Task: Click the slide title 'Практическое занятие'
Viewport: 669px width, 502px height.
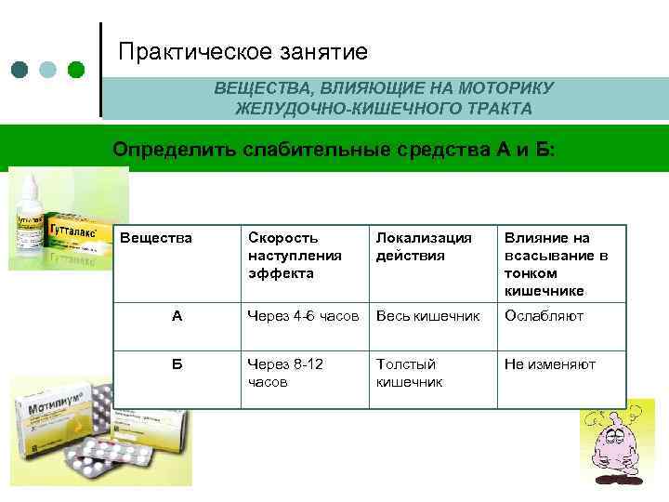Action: (x=243, y=52)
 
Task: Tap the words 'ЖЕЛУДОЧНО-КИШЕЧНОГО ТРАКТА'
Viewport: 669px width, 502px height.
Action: (x=384, y=109)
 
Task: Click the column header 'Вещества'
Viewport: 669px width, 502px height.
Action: (x=156, y=238)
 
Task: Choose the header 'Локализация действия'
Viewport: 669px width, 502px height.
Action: (x=424, y=246)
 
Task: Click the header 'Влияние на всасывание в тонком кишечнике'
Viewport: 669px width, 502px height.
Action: (x=556, y=264)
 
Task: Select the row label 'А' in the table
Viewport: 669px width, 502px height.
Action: (x=177, y=316)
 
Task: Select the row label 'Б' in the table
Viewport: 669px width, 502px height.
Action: (x=177, y=364)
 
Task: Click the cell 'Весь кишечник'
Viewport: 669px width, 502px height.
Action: (x=427, y=316)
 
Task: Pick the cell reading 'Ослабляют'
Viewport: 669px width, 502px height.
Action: (x=544, y=316)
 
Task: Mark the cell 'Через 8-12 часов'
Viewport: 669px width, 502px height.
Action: (x=285, y=373)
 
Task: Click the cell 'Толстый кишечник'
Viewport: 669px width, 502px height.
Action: (x=409, y=373)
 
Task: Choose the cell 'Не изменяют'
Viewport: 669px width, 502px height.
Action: (x=550, y=364)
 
